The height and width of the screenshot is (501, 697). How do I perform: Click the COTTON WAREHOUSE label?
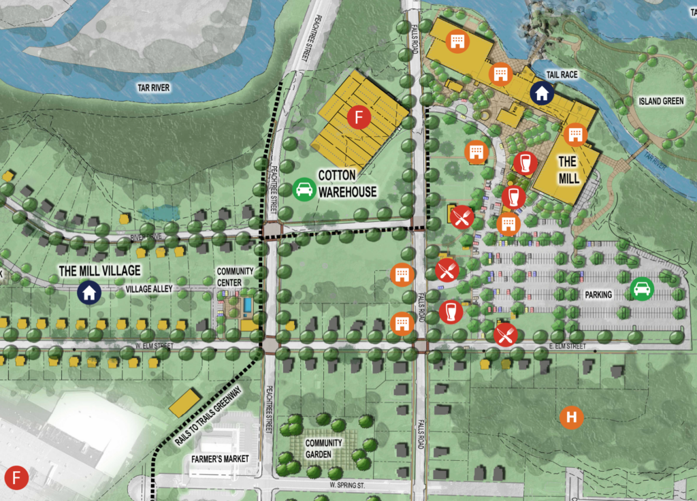tap(346, 184)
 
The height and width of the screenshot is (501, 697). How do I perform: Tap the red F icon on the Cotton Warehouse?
tap(358, 117)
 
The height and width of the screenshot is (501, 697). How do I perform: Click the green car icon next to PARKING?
tap(641, 289)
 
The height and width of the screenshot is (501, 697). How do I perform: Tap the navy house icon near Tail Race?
tap(541, 93)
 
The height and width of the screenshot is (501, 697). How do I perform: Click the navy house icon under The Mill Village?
tap(89, 293)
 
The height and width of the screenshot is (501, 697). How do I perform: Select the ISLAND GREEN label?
tap(661, 101)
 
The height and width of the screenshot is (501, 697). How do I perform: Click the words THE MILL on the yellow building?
tap(569, 169)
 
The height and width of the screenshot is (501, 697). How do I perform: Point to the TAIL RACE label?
tap(562, 74)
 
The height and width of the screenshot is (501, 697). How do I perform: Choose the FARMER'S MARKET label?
tap(220, 459)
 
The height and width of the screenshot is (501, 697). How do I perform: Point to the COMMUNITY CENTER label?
tap(235, 276)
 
